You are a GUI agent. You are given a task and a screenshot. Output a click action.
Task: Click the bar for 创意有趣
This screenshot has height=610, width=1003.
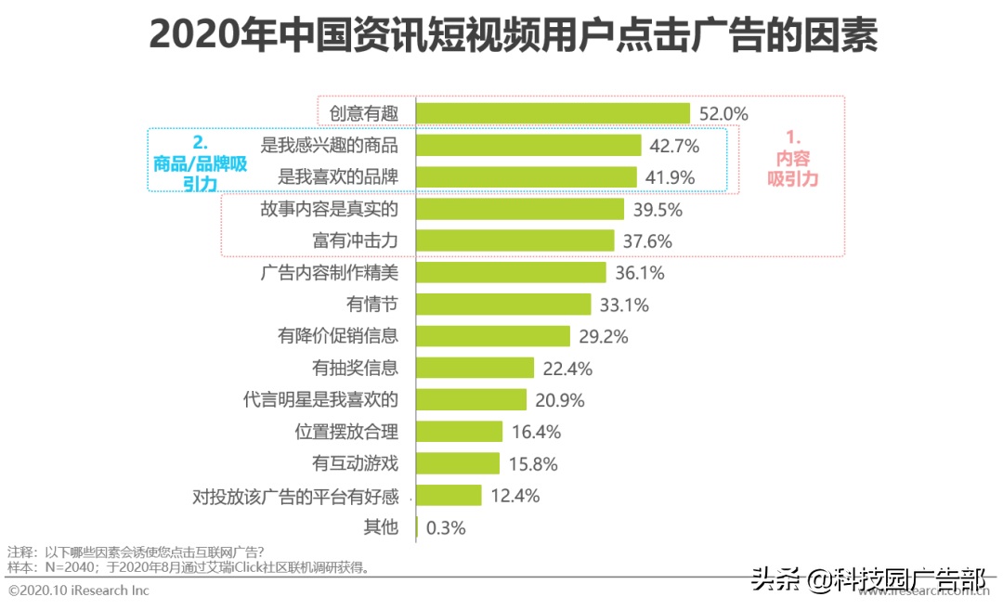[x=553, y=113]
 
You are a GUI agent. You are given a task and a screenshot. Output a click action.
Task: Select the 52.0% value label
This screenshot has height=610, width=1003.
[x=723, y=113]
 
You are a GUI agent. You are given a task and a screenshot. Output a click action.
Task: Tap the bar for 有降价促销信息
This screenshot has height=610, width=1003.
[x=492, y=336]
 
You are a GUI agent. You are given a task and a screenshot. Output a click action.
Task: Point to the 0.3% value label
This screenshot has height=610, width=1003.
[x=446, y=527]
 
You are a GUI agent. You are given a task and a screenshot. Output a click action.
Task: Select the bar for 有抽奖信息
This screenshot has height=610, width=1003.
[x=475, y=368]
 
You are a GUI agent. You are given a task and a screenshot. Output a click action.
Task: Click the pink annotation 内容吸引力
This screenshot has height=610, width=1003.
[x=793, y=161]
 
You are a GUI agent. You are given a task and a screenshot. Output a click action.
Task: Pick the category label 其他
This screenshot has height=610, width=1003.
[x=381, y=527]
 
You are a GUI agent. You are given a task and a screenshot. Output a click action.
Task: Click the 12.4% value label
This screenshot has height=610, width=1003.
[x=515, y=495]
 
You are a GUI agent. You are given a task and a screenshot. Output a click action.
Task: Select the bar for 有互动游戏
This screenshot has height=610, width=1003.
[x=458, y=463]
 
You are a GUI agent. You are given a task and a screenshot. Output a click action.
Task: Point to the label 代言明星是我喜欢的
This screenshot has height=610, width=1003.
[x=320, y=400]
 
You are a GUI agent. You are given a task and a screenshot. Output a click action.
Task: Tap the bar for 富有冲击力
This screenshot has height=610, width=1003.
[x=515, y=240]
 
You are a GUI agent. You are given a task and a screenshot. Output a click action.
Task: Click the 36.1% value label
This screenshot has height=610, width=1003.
[x=639, y=273]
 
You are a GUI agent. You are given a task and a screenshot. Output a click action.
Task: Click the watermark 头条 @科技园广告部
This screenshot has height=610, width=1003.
[x=867, y=580]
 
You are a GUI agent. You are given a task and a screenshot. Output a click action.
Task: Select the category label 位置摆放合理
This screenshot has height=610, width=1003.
[x=346, y=432]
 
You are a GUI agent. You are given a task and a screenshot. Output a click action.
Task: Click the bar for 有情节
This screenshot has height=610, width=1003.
[x=503, y=305]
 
